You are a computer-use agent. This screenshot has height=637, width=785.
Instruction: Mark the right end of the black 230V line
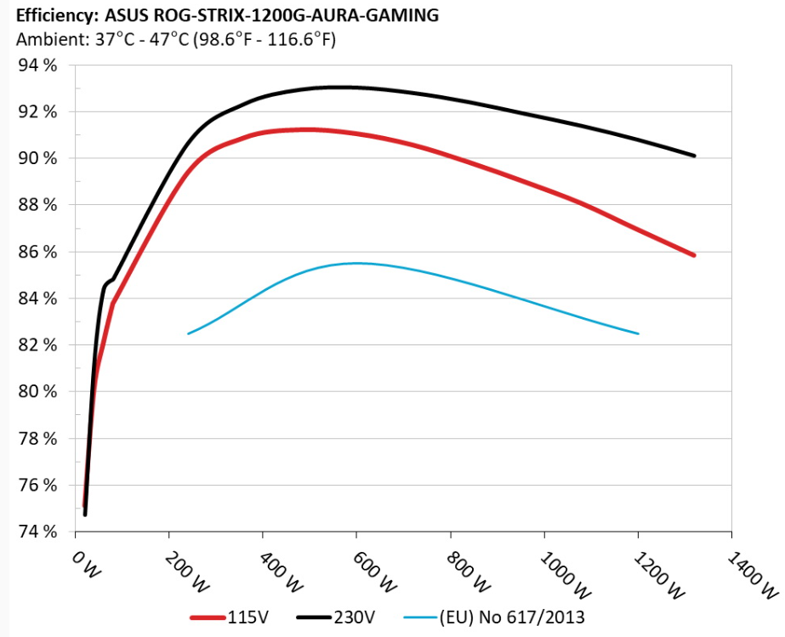coord(695,156)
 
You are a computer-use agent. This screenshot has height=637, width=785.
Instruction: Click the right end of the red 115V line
coord(695,255)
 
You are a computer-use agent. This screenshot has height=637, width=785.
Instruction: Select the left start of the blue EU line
coord(188,333)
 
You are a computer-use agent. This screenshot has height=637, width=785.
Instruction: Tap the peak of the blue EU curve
coord(356,263)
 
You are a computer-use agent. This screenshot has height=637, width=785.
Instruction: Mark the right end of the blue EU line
coord(638,333)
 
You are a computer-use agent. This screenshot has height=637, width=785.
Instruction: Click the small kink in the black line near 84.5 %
coord(106,283)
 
